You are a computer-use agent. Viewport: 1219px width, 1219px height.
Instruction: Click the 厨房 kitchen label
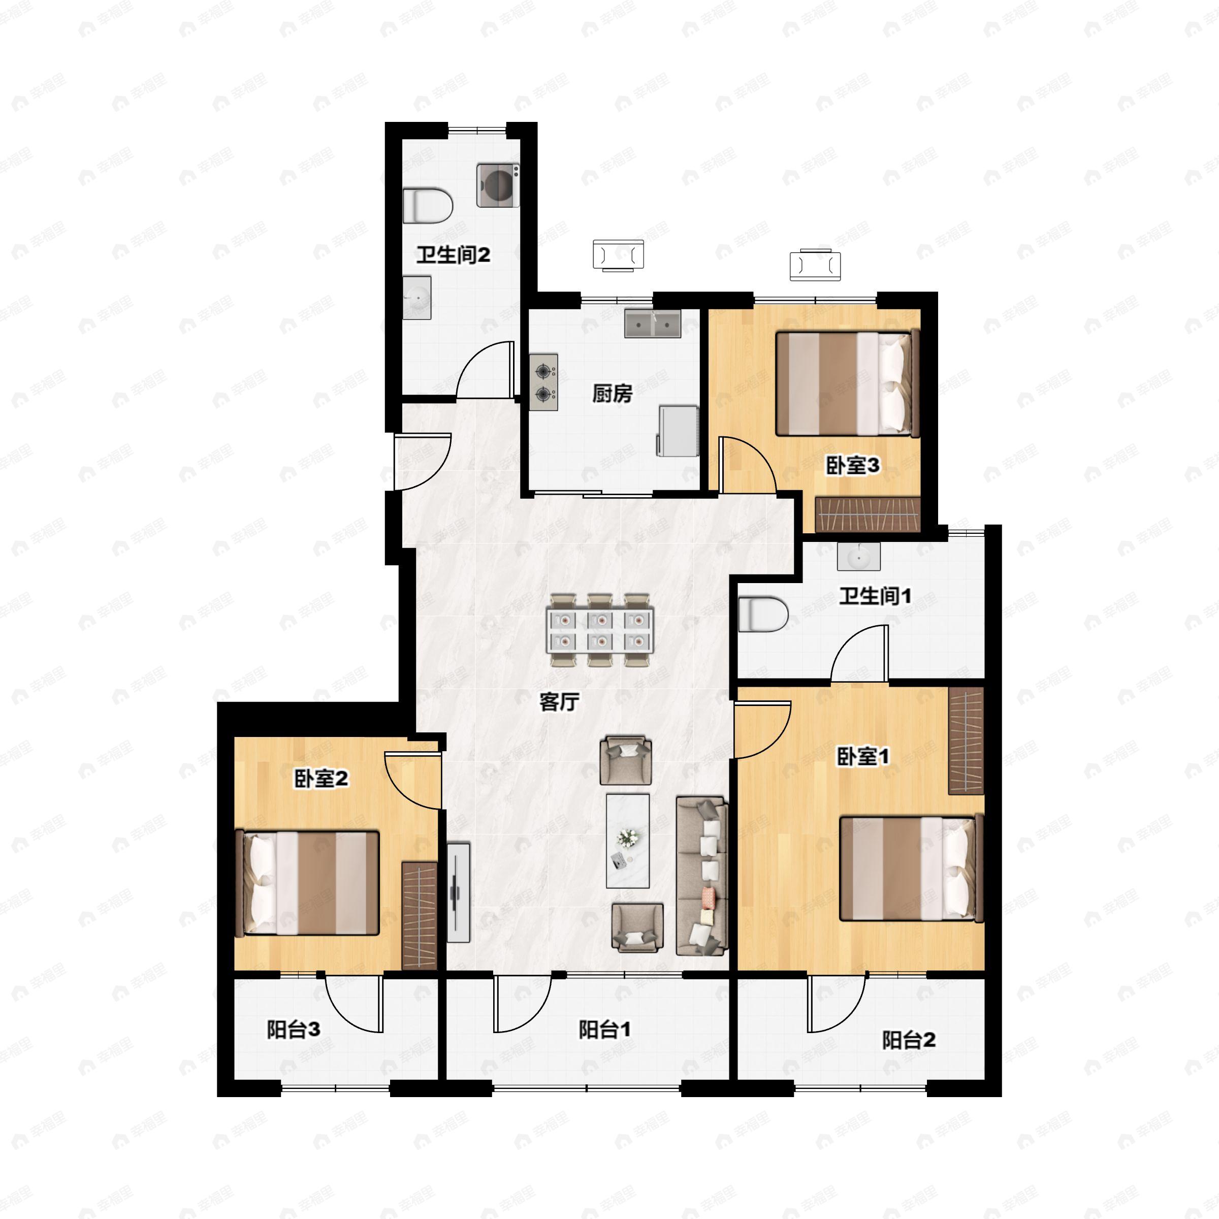tap(612, 394)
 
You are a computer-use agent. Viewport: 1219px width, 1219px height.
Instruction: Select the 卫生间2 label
tap(453, 255)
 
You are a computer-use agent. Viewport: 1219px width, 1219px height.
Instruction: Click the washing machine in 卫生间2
tap(498, 185)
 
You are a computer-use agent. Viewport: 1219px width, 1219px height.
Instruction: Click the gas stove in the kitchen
tap(544, 382)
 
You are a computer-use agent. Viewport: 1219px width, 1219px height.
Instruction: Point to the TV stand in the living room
tap(459, 893)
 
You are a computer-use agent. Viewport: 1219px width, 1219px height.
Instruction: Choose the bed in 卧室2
tap(307, 883)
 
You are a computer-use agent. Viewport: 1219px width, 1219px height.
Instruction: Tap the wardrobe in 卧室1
tap(966, 740)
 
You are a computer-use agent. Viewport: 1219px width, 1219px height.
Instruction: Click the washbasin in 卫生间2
tap(417, 297)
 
